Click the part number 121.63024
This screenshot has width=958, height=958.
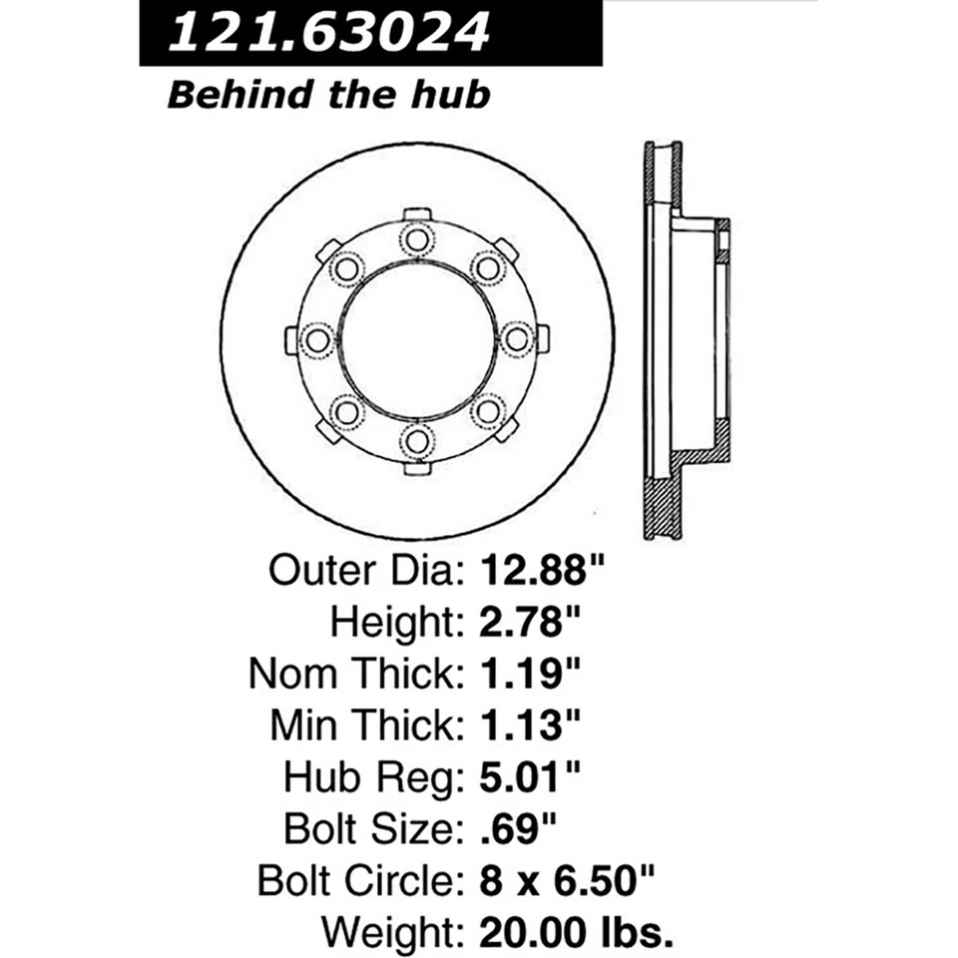[x=329, y=34]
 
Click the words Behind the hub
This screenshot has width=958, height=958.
[x=329, y=95]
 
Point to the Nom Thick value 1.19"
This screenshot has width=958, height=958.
[x=532, y=675]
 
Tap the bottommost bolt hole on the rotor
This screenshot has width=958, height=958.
[x=416, y=439]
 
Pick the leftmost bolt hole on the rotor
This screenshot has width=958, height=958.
[x=317, y=339]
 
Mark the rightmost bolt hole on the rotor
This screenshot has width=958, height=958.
[x=516, y=339]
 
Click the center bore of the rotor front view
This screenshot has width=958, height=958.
[x=416, y=339]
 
